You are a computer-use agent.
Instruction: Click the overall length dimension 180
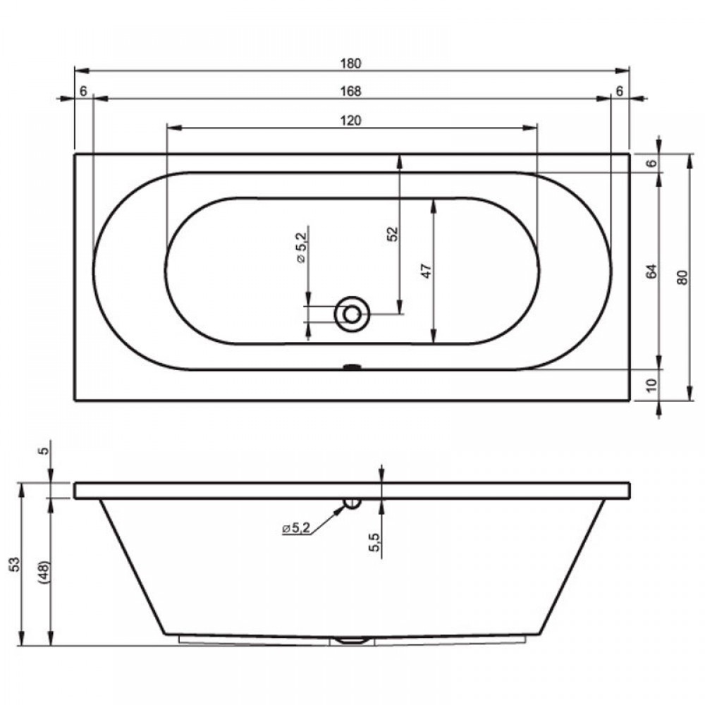(x=350, y=63)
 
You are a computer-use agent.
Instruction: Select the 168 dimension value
(x=350, y=91)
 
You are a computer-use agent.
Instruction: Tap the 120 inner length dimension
(x=350, y=121)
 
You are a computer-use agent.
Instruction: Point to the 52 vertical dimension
(x=393, y=234)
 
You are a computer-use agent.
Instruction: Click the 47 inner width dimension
(x=426, y=271)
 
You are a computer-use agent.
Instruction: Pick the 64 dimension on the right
(x=651, y=271)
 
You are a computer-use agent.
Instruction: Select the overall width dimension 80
(x=682, y=277)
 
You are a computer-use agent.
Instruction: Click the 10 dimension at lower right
(x=651, y=385)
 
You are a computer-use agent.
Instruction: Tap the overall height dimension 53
(x=16, y=564)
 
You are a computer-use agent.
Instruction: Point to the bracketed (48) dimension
(x=44, y=572)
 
